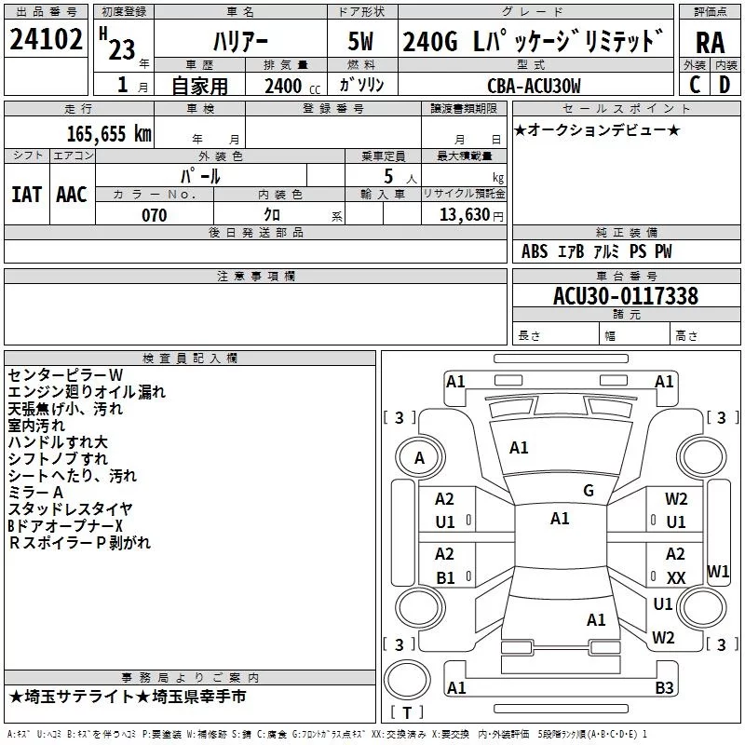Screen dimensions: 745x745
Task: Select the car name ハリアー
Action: point(239,42)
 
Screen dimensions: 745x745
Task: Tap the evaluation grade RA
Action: point(711,42)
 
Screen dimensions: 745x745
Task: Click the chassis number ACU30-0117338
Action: point(626,296)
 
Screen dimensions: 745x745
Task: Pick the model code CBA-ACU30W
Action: point(534,86)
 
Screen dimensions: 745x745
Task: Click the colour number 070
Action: point(154,215)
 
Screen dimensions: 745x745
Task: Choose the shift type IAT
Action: point(26,194)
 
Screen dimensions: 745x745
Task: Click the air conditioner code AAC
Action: point(71,194)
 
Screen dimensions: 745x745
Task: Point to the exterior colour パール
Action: point(200,175)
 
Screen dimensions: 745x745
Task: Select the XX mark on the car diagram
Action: point(676,578)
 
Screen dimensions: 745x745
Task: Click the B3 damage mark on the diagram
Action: point(664,688)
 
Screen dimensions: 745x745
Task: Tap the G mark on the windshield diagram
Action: point(588,491)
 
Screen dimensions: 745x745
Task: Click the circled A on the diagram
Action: point(419,457)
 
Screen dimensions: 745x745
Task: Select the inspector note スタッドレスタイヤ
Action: point(70,508)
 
